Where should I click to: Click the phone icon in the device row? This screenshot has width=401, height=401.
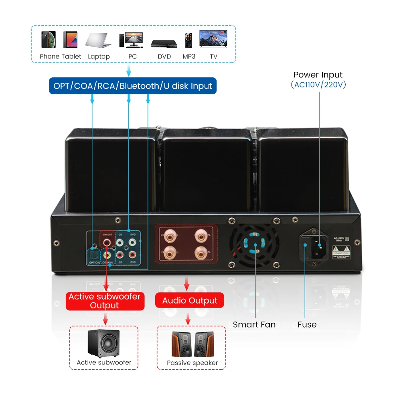click(48, 39)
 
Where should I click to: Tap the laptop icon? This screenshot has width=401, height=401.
click(98, 40)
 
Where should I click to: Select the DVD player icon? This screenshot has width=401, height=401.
click(164, 43)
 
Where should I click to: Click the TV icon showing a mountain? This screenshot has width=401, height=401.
click(213, 39)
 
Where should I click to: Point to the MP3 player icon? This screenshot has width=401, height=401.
click(188, 40)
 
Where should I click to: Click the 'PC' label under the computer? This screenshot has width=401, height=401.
click(132, 57)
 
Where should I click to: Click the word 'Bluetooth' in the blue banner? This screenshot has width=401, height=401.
click(139, 86)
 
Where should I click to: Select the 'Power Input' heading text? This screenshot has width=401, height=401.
click(318, 75)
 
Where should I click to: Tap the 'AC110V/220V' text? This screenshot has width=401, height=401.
click(318, 85)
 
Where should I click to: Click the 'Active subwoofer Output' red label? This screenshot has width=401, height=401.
click(105, 301)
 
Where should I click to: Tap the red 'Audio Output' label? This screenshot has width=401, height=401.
click(190, 301)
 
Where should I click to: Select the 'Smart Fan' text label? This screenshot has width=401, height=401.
click(254, 324)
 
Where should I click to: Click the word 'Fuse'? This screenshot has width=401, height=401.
click(307, 324)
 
